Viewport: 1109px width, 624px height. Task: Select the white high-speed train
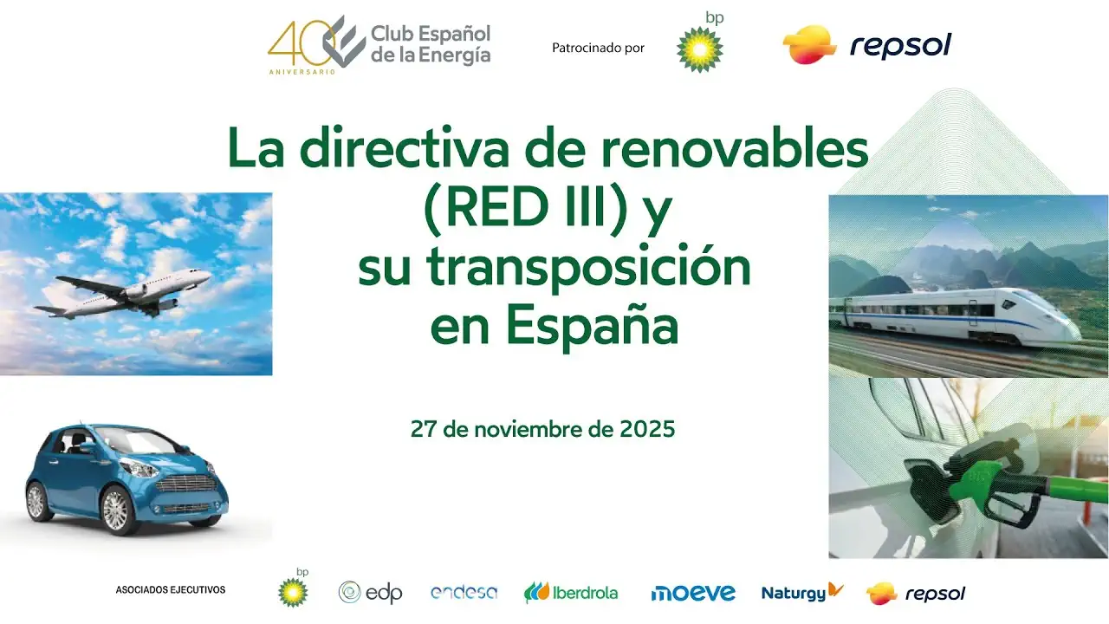(x=953, y=315)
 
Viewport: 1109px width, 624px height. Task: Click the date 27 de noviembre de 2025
(x=543, y=429)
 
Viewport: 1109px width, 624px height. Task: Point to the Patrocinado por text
(x=598, y=48)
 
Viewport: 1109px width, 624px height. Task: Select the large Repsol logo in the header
(x=866, y=45)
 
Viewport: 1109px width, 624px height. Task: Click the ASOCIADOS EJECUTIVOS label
(x=171, y=590)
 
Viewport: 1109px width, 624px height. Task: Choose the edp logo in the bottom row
(x=370, y=593)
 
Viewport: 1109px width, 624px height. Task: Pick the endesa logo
(x=464, y=593)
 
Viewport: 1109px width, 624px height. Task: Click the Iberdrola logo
(x=571, y=593)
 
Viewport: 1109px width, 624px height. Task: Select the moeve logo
(x=693, y=593)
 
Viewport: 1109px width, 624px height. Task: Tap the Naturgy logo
(x=801, y=593)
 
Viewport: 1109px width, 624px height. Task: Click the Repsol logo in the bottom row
(x=916, y=594)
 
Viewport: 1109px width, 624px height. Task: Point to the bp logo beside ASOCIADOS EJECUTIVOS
(x=294, y=589)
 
